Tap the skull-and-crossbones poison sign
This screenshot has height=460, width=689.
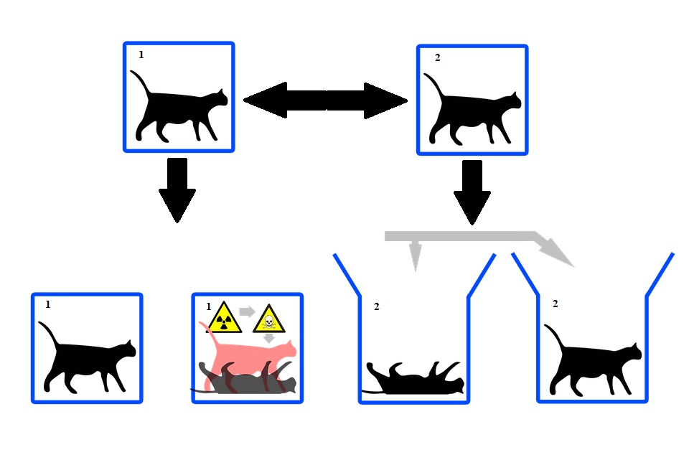[x=269, y=318]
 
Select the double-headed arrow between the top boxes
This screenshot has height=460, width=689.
[x=326, y=100]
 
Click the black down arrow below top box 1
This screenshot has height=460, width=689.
[x=177, y=189]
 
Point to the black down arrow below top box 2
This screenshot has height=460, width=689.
[x=472, y=191]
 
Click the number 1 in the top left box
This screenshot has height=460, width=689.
[x=141, y=55]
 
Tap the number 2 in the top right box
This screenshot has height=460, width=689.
[x=437, y=57]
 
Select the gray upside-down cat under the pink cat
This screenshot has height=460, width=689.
[x=244, y=380]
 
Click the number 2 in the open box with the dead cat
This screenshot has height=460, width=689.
[x=376, y=306]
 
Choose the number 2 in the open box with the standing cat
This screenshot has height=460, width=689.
[x=555, y=304]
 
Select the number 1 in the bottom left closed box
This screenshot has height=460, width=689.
[x=48, y=304]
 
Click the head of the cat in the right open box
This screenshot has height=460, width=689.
[x=631, y=351]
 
